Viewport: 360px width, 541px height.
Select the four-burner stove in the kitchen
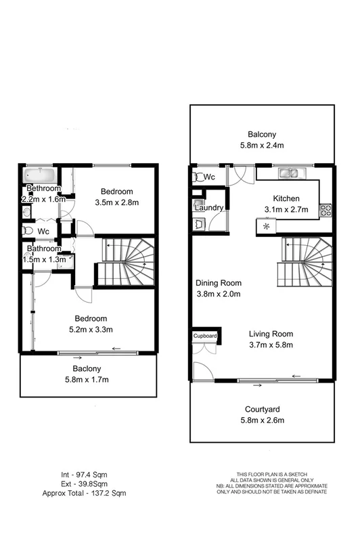point(324,210)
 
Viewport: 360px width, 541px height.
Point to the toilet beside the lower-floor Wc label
point(199,177)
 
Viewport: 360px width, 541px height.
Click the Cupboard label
point(205,336)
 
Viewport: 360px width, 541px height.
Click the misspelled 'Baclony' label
point(87,368)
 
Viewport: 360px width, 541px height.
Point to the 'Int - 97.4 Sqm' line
point(84,474)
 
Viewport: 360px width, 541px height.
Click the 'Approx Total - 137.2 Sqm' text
point(84,493)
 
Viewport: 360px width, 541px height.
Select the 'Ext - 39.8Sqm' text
point(84,483)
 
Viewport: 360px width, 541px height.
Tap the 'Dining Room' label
point(219,283)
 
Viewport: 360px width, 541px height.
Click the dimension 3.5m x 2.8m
point(117,202)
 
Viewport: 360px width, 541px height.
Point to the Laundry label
point(208,208)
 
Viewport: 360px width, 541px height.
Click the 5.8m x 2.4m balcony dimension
point(261,146)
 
